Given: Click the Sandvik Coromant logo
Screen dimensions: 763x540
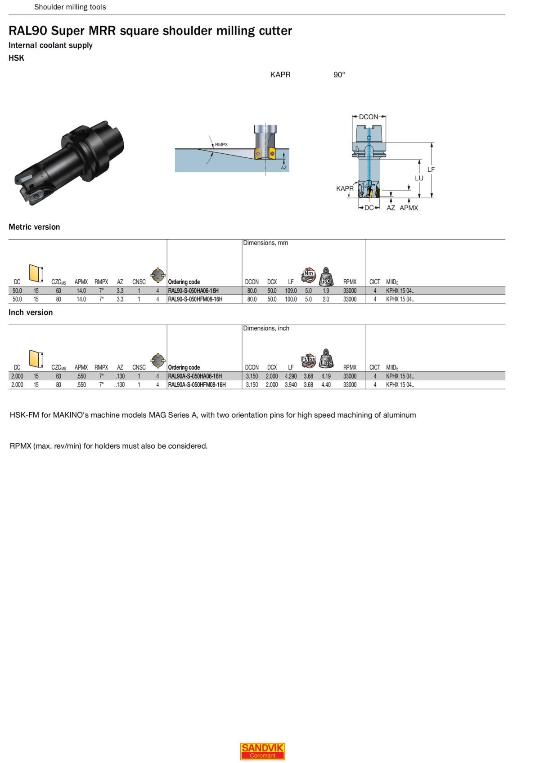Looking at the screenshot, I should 262,751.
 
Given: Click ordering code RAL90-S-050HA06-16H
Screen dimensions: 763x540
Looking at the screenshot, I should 193,291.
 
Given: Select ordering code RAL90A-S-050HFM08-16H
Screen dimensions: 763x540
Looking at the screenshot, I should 197,385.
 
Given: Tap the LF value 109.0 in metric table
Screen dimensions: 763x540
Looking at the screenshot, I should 291,291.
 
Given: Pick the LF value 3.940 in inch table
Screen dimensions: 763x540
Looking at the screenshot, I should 291,385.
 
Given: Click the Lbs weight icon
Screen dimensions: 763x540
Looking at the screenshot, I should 326,358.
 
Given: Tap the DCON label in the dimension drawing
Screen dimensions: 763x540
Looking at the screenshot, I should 369,117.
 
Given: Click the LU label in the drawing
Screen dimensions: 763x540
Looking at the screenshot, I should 419,178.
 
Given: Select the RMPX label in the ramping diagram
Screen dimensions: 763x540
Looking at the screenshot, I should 221,145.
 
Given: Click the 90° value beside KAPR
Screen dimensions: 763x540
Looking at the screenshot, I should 339,75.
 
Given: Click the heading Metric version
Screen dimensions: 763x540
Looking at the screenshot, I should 34,227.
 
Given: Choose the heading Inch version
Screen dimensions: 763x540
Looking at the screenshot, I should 31,312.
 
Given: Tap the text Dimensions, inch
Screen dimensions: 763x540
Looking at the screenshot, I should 266,329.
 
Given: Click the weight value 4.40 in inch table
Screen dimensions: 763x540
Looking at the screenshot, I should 326,385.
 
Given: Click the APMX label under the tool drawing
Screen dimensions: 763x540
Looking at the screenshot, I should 409,208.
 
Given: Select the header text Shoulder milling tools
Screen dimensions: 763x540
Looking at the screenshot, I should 70,7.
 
